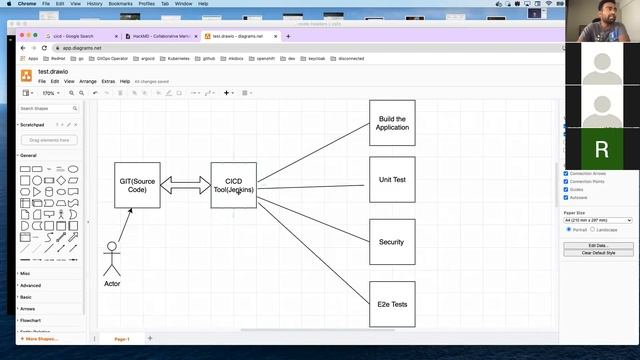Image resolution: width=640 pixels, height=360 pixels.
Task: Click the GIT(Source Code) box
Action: click(x=138, y=185)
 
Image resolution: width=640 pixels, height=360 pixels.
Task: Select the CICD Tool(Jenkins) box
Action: click(x=234, y=185)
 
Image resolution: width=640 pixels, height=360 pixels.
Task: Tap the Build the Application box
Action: click(x=392, y=123)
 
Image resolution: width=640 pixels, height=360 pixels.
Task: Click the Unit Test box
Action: click(x=392, y=180)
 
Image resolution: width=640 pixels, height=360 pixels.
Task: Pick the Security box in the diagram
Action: click(x=392, y=242)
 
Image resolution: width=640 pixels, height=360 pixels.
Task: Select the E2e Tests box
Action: click(x=392, y=304)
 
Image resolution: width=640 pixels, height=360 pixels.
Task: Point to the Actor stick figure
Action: click(x=112, y=258)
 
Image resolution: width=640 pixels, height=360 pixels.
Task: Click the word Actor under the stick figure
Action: click(x=112, y=284)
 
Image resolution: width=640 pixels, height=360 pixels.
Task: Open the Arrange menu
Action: click(x=88, y=81)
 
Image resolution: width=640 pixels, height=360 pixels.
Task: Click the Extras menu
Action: click(x=107, y=81)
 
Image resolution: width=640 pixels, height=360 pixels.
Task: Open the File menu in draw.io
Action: click(x=42, y=81)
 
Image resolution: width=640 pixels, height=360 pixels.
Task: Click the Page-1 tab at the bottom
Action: click(x=122, y=339)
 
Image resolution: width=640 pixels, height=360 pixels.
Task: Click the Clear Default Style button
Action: click(x=599, y=253)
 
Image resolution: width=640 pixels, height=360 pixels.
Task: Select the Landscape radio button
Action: click(x=593, y=229)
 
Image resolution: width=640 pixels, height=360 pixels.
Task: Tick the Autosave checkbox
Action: click(x=567, y=197)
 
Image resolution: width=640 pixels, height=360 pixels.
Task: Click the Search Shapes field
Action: click(x=48, y=108)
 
